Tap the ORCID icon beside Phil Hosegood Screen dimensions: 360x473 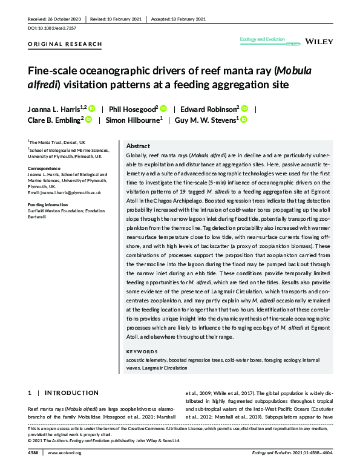(163, 109)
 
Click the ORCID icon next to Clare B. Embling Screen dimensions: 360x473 (88, 120)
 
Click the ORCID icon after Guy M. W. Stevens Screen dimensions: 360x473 (244, 120)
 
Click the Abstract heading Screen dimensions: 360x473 (138, 146)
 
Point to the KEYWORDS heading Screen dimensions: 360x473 (141, 351)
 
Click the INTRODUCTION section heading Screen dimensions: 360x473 (71, 393)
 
